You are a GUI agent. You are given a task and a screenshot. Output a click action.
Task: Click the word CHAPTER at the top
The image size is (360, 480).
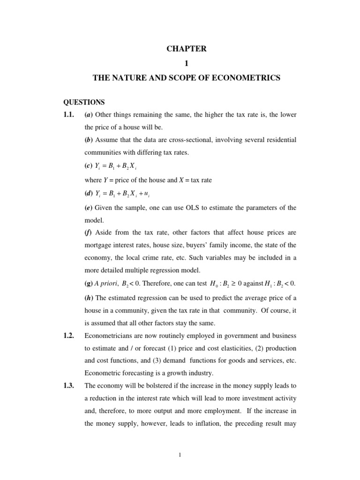pos(186,49)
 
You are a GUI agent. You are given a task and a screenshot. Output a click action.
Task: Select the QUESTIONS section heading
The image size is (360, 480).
pos(84,102)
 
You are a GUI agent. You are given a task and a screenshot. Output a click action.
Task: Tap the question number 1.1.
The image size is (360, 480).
pos(70,115)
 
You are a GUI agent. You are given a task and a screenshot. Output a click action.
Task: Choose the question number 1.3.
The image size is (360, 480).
pos(70,385)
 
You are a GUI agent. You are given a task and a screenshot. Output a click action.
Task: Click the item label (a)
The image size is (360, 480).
pos(88,115)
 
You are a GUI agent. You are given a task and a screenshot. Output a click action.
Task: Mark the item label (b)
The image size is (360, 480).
pos(88,140)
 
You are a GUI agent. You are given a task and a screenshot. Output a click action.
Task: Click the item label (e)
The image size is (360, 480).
pos(88,208)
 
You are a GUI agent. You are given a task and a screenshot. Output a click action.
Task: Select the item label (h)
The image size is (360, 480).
pos(88,299)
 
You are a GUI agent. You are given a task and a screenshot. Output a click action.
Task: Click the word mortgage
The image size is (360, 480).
pos(99,245)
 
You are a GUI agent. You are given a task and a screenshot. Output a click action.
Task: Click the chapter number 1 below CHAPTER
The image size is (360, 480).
pos(186,63)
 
